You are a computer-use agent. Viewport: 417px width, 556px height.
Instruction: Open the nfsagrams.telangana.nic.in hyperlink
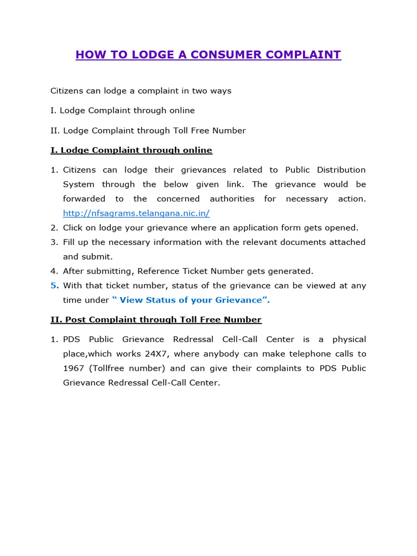coord(136,213)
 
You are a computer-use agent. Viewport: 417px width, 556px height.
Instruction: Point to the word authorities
coord(232,199)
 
